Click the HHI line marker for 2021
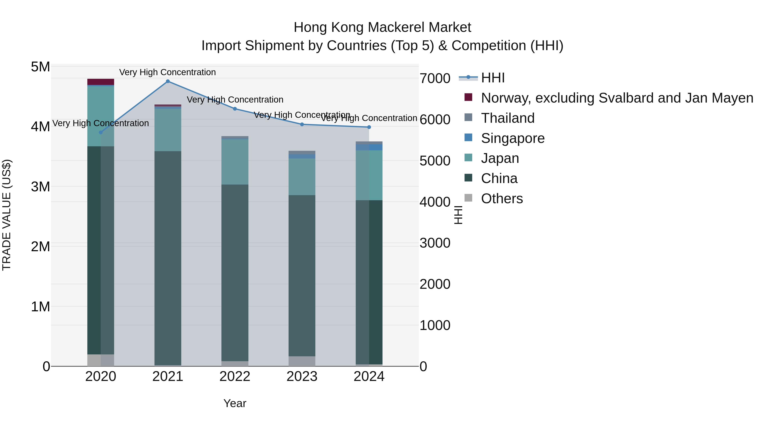pos(168,81)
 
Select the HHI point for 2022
pos(235,109)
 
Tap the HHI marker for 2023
pos(302,124)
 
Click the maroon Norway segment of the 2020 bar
pos(101,82)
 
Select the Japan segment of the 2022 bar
pos(235,162)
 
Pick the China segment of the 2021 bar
pos(168,258)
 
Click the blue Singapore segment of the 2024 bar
pos(369,147)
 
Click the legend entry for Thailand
pos(507,118)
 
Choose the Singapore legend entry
pos(513,138)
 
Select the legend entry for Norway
pos(617,98)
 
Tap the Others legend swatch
pos(468,198)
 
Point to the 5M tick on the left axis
pos(40,67)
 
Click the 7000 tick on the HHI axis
pos(435,79)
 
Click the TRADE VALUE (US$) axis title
pos(7,215)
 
